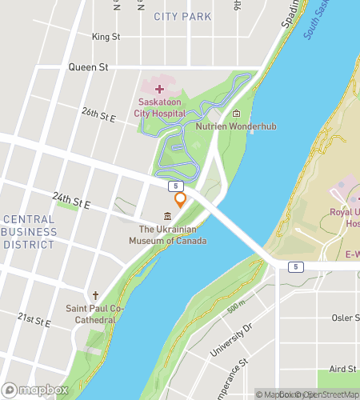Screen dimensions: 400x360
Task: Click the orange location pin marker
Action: (x=181, y=200)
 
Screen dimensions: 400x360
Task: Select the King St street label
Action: (x=106, y=37)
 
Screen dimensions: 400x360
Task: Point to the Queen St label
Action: (x=88, y=67)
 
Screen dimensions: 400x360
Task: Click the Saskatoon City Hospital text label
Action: (x=162, y=108)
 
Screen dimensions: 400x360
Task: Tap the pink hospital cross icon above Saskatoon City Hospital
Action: (x=158, y=89)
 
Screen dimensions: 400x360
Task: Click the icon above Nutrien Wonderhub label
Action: (x=236, y=114)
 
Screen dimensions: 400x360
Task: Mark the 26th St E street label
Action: (x=99, y=114)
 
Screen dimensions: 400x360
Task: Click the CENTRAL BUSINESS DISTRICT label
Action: (x=30, y=232)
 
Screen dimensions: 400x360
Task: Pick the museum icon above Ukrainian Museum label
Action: (x=167, y=217)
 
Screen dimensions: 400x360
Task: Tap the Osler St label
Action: (x=345, y=318)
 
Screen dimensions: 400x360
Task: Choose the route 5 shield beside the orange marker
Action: (x=174, y=185)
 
